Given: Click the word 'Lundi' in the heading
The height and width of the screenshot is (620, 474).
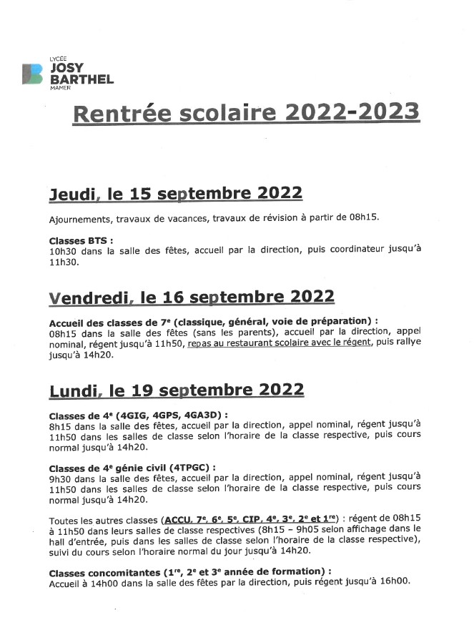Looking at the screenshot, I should click(x=74, y=390).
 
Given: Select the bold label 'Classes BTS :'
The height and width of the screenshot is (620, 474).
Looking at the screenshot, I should click(x=81, y=241).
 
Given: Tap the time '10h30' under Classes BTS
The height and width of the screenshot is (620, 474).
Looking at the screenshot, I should click(x=64, y=252).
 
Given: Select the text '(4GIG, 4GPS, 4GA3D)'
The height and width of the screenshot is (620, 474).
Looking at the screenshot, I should click(x=175, y=413).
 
